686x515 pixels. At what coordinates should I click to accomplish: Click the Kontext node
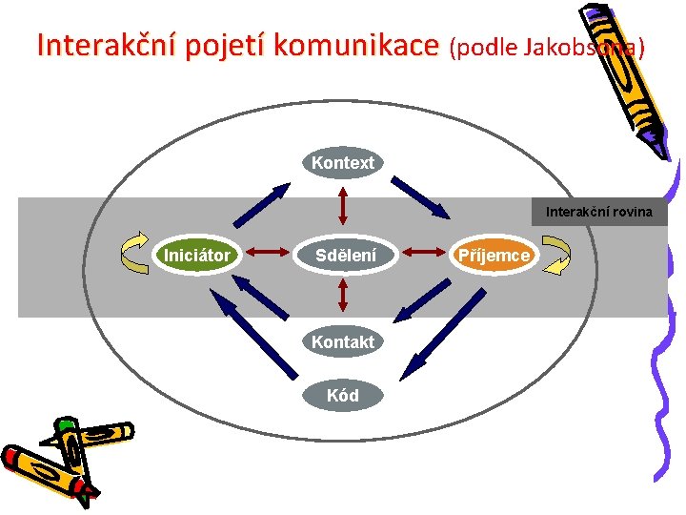point(343,163)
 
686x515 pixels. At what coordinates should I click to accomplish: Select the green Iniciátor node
point(197,255)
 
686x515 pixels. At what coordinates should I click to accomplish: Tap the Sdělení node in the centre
point(346,255)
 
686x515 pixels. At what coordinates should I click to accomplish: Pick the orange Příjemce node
point(494,255)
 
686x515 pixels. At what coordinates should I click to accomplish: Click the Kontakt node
point(343,341)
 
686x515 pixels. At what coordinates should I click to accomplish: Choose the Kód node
point(343,395)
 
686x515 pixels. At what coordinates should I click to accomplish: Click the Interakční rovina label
point(599,212)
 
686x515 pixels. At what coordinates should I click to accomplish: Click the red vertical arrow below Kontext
point(343,206)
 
